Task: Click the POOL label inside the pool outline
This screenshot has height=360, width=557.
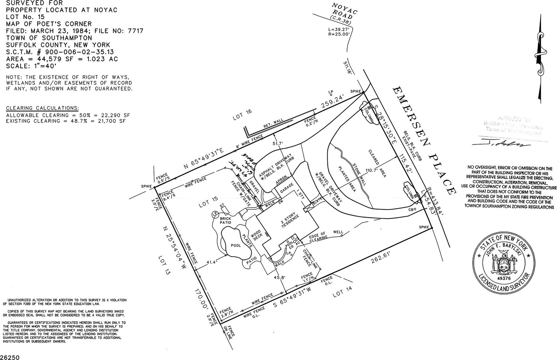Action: [236, 245]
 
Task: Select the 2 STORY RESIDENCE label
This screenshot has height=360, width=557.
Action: [290, 221]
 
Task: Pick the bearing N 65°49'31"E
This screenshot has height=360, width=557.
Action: [208, 157]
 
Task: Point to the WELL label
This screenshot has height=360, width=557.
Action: [338, 232]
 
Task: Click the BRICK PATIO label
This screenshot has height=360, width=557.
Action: [225, 221]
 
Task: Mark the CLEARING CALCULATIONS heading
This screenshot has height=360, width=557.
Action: [42, 108]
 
